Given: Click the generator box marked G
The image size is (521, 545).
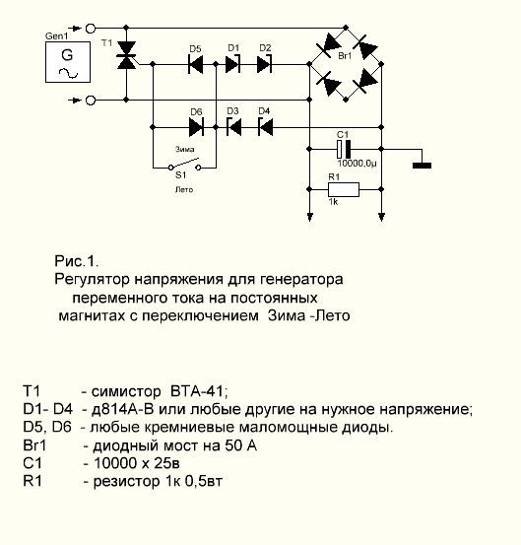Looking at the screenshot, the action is coord(68,62).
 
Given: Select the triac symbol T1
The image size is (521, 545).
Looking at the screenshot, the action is coord(126,55).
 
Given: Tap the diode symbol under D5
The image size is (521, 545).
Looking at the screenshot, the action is coord(196,64).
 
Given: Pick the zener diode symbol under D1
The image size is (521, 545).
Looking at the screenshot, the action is coord(233,64).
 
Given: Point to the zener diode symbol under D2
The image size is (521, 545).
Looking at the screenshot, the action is coord(265,64).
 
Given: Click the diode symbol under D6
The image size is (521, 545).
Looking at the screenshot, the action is coord(196,127).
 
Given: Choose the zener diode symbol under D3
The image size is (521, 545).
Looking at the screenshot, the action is coord(233,127).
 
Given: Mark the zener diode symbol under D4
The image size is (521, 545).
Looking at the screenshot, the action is coord(265,127).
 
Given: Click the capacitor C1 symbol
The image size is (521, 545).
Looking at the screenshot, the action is coord(344,150).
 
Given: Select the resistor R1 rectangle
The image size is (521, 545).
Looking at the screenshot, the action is coord(344,189).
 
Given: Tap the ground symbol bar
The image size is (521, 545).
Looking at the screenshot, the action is coord(422,166).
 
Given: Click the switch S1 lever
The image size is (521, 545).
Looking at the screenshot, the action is coord(184,164).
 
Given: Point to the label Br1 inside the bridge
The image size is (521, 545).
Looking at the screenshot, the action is coord(345,55).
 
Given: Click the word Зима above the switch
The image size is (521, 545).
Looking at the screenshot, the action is coord(185,149).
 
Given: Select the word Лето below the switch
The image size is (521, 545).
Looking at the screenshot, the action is coord(184,190).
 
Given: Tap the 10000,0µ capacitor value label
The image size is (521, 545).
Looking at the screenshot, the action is coord(358,164).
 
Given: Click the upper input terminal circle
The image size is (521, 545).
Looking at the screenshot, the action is coord(91,29).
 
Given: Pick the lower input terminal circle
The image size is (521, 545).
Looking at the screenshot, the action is coord(91,101).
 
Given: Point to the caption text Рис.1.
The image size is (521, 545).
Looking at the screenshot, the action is coord(77,261).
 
